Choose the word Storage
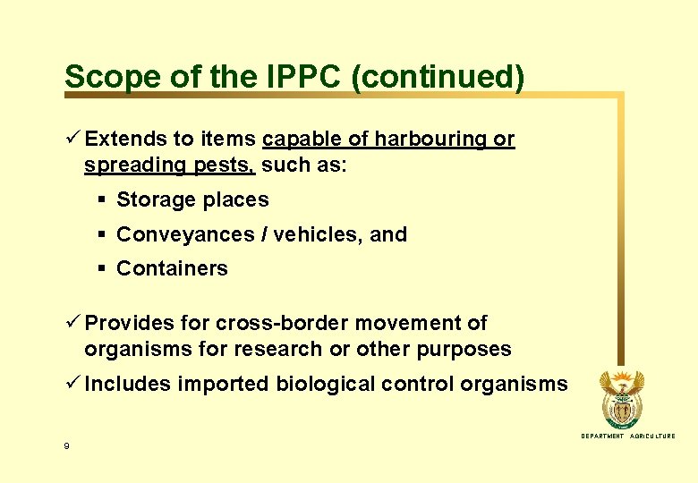(x=155, y=200)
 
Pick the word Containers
(x=172, y=268)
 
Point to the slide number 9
(x=66, y=445)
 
